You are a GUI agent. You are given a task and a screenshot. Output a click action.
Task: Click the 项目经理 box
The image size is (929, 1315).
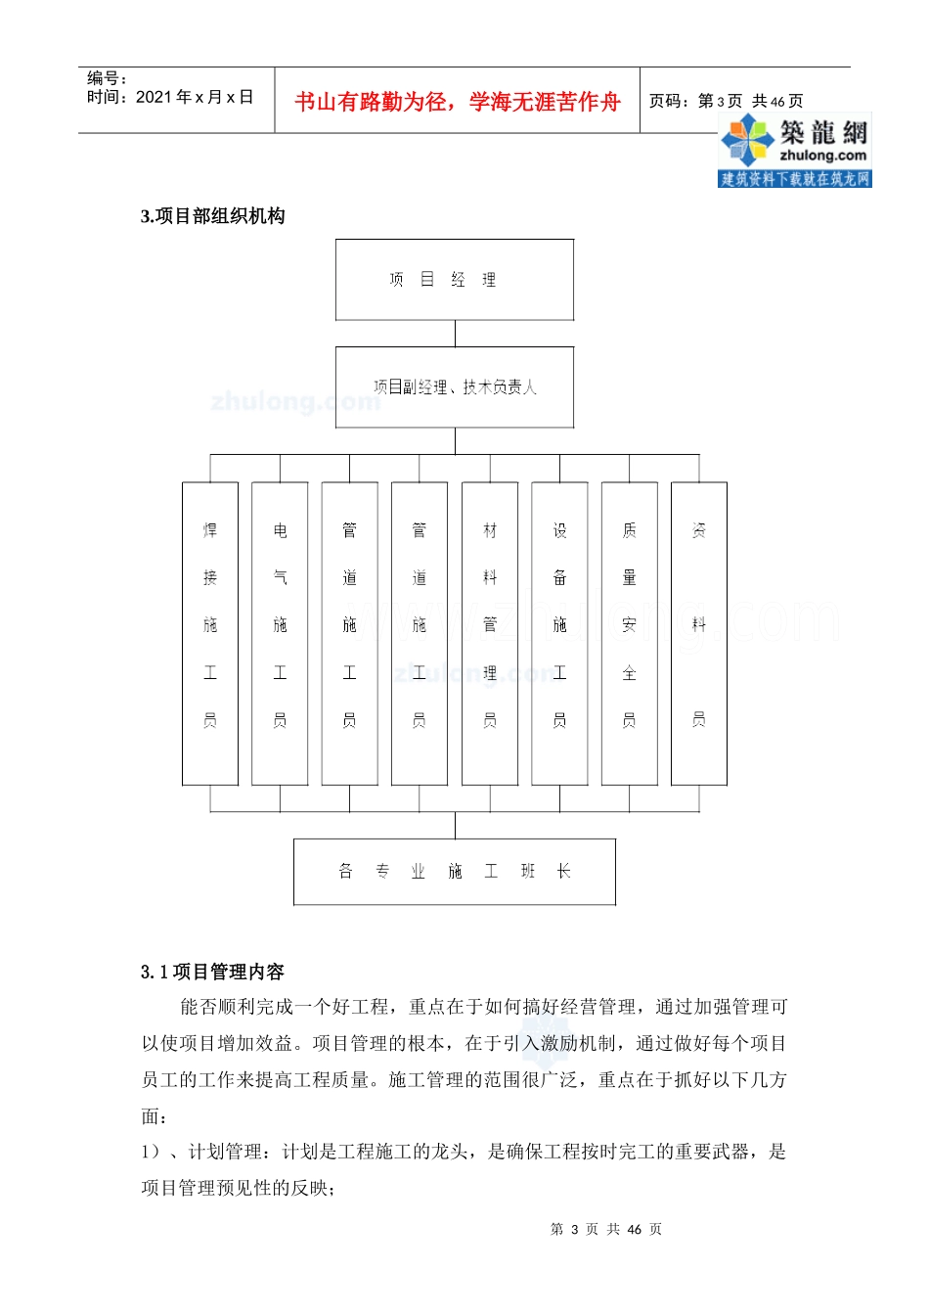[x=455, y=280]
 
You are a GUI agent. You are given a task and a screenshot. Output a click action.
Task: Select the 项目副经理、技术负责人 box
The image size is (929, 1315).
[x=455, y=387]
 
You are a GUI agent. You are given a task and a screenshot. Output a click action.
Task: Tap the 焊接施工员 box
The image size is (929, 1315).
[x=210, y=633]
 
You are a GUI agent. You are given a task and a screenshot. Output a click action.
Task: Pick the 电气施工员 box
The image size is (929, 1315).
[x=280, y=633]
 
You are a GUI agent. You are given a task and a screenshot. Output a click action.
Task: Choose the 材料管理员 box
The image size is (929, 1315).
[x=490, y=633]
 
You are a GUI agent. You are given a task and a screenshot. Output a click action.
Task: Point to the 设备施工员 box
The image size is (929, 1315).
[x=559, y=633]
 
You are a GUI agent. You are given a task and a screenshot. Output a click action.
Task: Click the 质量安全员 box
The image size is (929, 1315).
[x=630, y=633]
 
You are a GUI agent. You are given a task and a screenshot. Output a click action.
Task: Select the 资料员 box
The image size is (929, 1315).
[x=699, y=633]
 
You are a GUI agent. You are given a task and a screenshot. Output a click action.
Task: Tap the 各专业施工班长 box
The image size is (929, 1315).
[x=455, y=872]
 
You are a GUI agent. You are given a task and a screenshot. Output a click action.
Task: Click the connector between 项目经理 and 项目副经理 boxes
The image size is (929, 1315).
[x=455, y=334]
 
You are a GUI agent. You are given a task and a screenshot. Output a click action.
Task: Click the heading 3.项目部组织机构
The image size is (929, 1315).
[x=213, y=216]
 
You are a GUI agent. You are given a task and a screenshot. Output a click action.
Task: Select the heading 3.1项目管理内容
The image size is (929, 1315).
[x=213, y=972]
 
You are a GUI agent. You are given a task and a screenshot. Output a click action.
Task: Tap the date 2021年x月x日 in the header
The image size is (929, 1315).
[x=195, y=97]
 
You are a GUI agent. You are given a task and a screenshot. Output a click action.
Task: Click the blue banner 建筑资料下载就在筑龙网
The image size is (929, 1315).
[x=794, y=178]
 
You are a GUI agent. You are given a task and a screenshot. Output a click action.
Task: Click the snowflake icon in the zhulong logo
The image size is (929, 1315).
[x=747, y=140]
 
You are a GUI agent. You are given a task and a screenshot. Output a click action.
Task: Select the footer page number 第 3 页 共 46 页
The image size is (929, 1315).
[x=606, y=1229]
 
